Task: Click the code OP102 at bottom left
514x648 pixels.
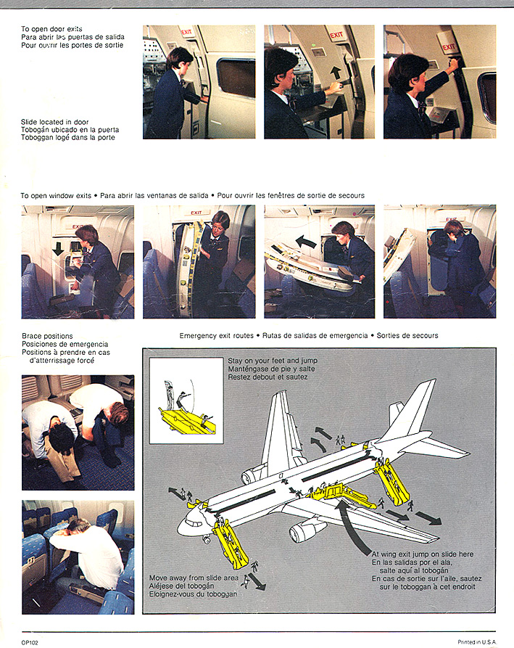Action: point(30,641)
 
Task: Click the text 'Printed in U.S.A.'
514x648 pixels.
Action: point(476,641)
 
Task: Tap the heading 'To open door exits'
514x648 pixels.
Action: point(51,29)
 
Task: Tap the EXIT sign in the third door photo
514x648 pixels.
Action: point(449,47)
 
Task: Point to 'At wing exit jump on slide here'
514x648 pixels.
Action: point(422,554)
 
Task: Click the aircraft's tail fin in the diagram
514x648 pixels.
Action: point(419,407)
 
